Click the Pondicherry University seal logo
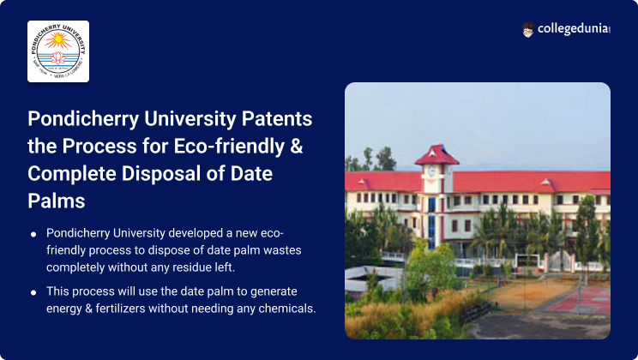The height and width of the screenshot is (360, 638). (58, 51)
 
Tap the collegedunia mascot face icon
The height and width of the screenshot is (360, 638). (527, 30)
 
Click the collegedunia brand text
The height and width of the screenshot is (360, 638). (574, 29)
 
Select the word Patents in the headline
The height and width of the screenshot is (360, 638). (277, 119)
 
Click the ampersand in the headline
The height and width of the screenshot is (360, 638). (297, 146)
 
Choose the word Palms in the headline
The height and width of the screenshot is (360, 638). (57, 201)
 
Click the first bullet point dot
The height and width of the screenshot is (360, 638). (33, 234)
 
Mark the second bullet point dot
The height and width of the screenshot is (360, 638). (33, 292)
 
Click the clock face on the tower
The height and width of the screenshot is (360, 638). (431, 171)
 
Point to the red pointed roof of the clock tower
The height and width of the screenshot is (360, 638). (436, 155)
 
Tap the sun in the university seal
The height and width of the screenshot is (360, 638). (57, 39)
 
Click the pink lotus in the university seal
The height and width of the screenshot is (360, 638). (57, 57)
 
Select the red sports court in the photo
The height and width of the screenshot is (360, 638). (580, 299)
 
